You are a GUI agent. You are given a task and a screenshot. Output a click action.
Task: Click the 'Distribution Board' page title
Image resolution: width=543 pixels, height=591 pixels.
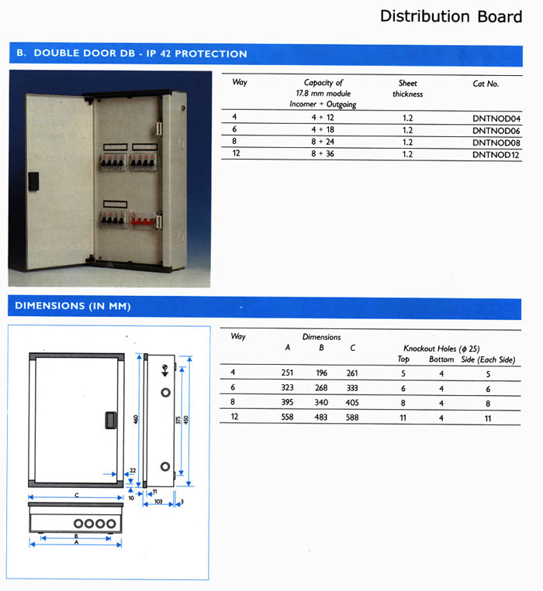[451, 16]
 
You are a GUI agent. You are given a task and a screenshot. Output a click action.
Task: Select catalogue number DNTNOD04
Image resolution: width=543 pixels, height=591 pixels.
[496, 118]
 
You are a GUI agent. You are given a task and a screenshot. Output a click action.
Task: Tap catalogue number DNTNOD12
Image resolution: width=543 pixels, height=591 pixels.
[496, 154]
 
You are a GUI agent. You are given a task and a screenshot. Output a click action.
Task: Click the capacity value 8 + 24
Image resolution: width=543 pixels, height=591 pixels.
[323, 143]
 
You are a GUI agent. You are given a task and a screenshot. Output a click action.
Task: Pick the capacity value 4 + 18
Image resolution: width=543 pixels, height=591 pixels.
[323, 130]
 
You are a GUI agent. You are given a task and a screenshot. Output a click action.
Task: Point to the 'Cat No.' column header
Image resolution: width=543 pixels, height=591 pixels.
[486, 83]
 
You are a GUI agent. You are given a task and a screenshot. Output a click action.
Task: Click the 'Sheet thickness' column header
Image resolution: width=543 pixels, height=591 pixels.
[407, 88]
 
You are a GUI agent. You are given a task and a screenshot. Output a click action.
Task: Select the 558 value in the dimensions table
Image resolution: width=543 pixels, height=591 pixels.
[287, 417]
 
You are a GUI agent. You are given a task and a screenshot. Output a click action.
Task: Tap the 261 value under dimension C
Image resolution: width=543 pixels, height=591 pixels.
[353, 373]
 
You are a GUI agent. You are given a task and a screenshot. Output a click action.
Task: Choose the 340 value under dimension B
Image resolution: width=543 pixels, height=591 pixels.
[321, 402]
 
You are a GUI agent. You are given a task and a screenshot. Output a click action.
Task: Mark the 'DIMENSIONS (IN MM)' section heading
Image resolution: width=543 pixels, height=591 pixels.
[71, 306]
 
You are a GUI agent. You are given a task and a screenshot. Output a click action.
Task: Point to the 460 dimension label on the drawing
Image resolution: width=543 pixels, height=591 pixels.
[135, 419]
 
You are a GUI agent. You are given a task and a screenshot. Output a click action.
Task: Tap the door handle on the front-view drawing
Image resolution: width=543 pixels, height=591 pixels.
[108, 421]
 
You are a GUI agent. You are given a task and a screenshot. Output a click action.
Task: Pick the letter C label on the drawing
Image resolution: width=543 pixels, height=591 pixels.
[76, 494]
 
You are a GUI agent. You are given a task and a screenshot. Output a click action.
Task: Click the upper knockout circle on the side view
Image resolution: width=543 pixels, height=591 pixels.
[164, 393]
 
